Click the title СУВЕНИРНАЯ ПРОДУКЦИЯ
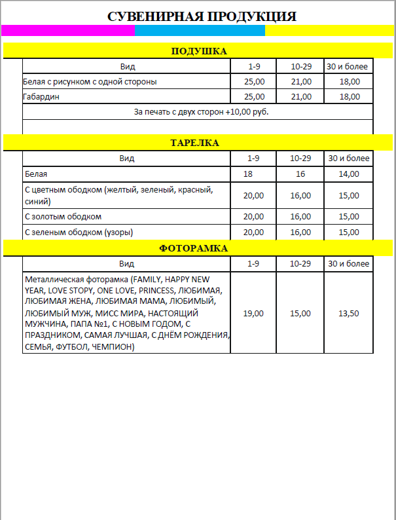click(202, 16)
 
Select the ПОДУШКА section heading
click(198, 51)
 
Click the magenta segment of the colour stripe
click(68, 30)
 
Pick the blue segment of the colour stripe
click(200, 30)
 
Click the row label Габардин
click(43, 97)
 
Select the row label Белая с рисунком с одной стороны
click(90, 82)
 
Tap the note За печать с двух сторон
click(201, 112)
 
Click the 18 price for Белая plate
click(248, 174)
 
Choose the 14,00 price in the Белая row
click(349, 174)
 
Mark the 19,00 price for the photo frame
click(253, 314)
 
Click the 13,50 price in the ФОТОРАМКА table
click(349, 314)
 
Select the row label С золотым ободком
click(63, 217)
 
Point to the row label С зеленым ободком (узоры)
click(81, 232)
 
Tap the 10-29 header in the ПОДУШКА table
click(300, 66)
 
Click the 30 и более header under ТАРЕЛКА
click(349, 158)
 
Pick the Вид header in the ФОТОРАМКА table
click(127, 263)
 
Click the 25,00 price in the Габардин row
click(253, 97)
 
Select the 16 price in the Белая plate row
click(300, 174)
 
